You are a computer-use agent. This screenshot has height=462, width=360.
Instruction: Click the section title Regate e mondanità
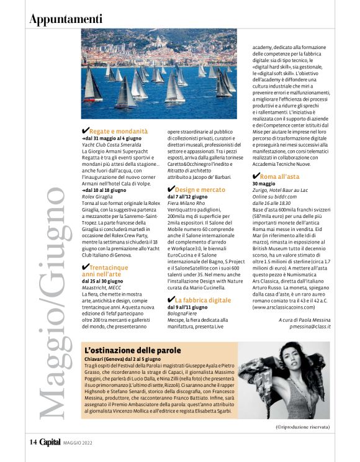[119, 131]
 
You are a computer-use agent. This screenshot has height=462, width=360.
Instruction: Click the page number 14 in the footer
[34, 442]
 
